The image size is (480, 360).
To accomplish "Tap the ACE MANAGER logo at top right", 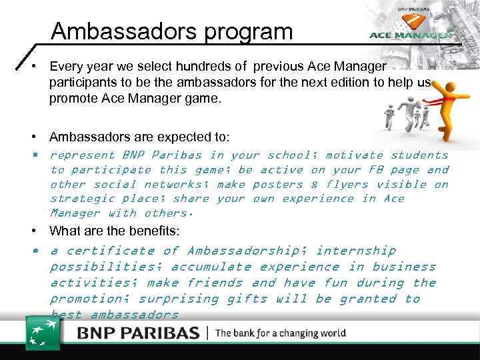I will tap(411, 35).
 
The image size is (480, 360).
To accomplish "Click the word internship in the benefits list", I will tap(356, 251).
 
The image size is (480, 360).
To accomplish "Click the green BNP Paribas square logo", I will tap(43, 332).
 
